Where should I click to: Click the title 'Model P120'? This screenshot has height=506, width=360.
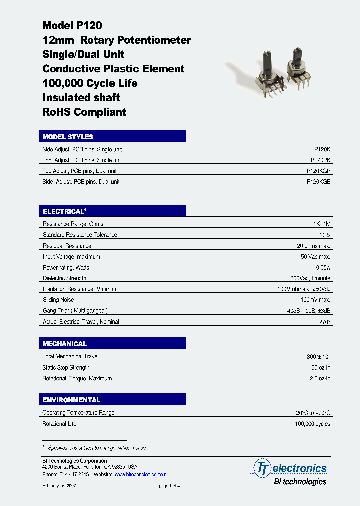[72, 26]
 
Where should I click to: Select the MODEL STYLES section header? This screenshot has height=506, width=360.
[68, 137]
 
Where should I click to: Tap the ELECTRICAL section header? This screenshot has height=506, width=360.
[65, 211]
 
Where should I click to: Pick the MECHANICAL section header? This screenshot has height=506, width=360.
[65, 344]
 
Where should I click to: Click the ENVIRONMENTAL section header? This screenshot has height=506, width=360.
[71, 400]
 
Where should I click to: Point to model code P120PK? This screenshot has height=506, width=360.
[320, 160]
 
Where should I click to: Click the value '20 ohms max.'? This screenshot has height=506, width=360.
[313, 246]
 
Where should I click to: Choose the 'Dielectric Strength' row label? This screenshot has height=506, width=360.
[64, 278]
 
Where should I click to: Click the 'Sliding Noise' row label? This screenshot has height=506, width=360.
[58, 300]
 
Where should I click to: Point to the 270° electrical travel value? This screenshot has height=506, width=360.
[325, 322]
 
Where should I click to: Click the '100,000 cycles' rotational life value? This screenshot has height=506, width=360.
[312, 424]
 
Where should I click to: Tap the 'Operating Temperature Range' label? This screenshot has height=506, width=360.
[78, 413]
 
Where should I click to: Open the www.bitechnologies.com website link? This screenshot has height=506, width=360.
[140, 474]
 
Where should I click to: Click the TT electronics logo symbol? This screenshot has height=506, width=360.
[262, 468]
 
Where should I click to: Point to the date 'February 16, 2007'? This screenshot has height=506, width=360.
[59, 486]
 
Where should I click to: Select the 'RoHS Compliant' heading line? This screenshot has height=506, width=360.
[84, 112]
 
